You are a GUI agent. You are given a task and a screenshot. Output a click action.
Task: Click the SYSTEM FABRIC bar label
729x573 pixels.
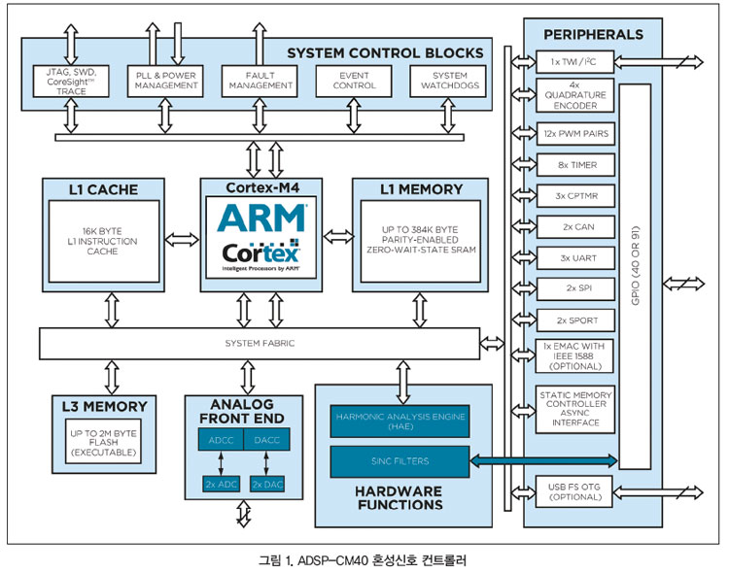[260, 343]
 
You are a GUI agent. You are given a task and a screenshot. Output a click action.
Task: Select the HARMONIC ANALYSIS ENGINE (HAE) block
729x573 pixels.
[400, 420]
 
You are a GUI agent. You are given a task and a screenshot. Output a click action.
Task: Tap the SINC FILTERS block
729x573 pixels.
[400, 461]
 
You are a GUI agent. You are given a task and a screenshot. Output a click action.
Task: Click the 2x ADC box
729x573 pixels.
[222, 483]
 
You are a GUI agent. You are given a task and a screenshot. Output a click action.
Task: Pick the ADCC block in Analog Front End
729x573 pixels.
[222, 440]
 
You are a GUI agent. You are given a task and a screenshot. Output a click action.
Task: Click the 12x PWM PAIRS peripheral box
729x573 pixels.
[575, 130]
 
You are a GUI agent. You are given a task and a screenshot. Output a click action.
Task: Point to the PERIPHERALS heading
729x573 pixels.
[593, 34]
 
